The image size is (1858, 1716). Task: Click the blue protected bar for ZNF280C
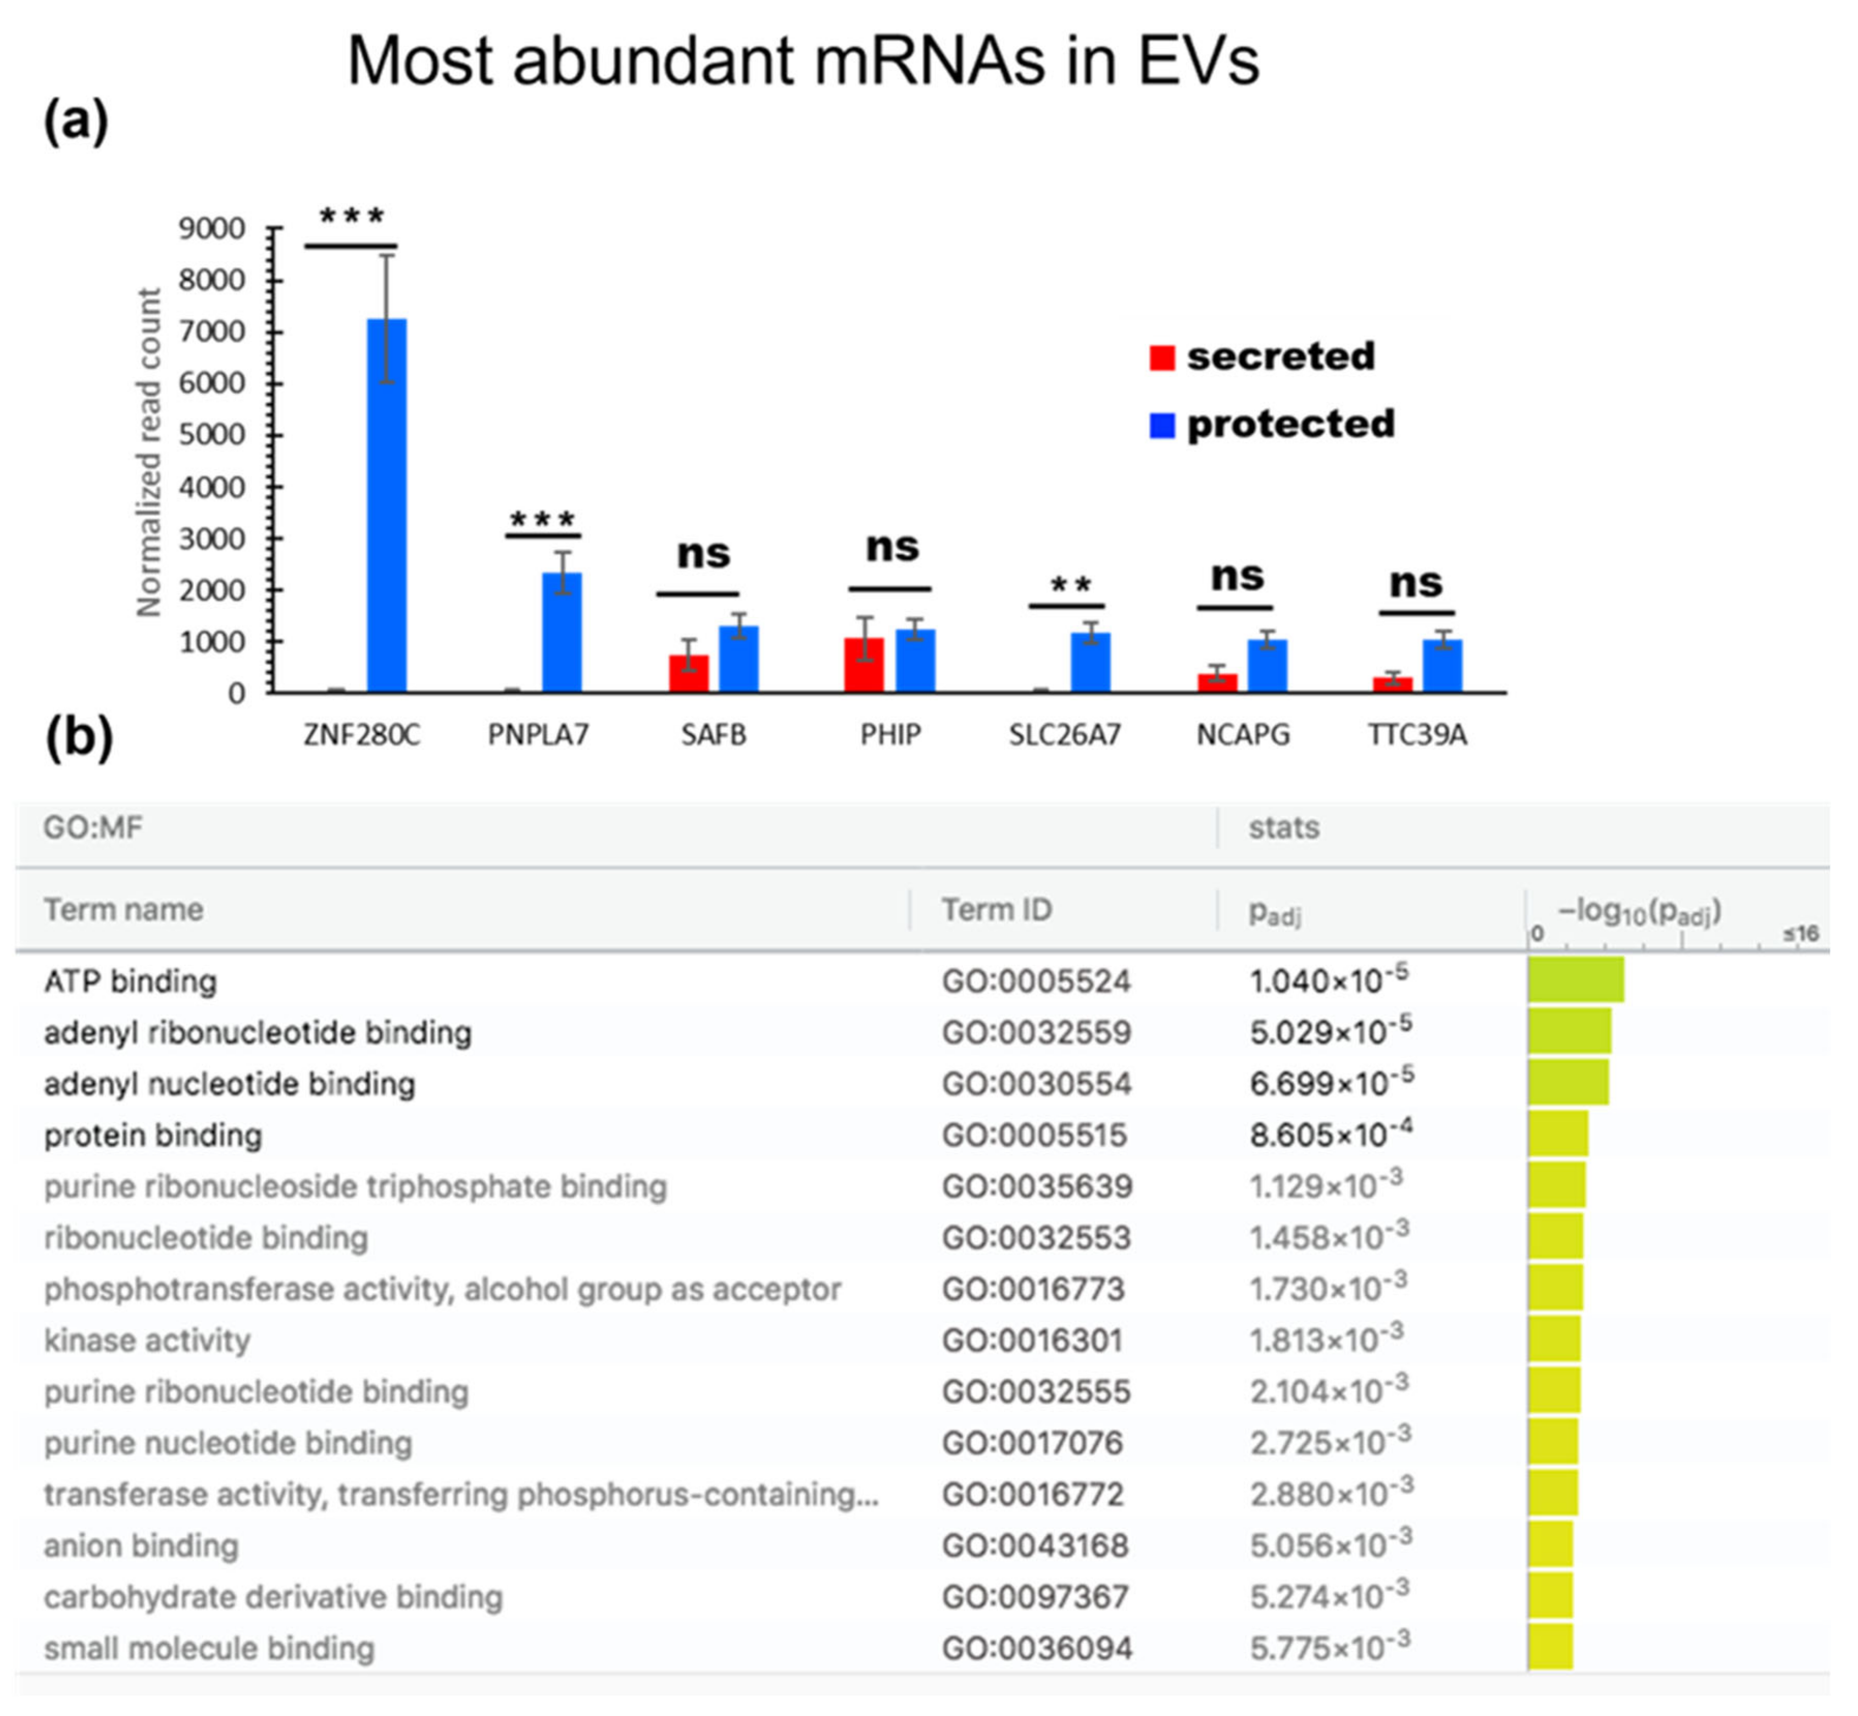(386, 505)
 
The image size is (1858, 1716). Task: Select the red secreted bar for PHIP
(864, 665)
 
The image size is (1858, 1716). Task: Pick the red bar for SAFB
(688, 674)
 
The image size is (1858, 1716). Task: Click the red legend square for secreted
(1161, 358)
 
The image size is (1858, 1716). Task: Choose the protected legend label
(1290, 425)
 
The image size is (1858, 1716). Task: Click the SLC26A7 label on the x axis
(1065, 736)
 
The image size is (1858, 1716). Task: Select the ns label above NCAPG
(1237, 577)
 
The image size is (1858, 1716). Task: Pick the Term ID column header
(997, 910)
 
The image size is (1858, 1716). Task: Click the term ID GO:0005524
(1036, 982)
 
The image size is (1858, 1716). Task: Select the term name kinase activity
(147, 1340)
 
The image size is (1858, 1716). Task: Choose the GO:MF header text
(93, 827)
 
